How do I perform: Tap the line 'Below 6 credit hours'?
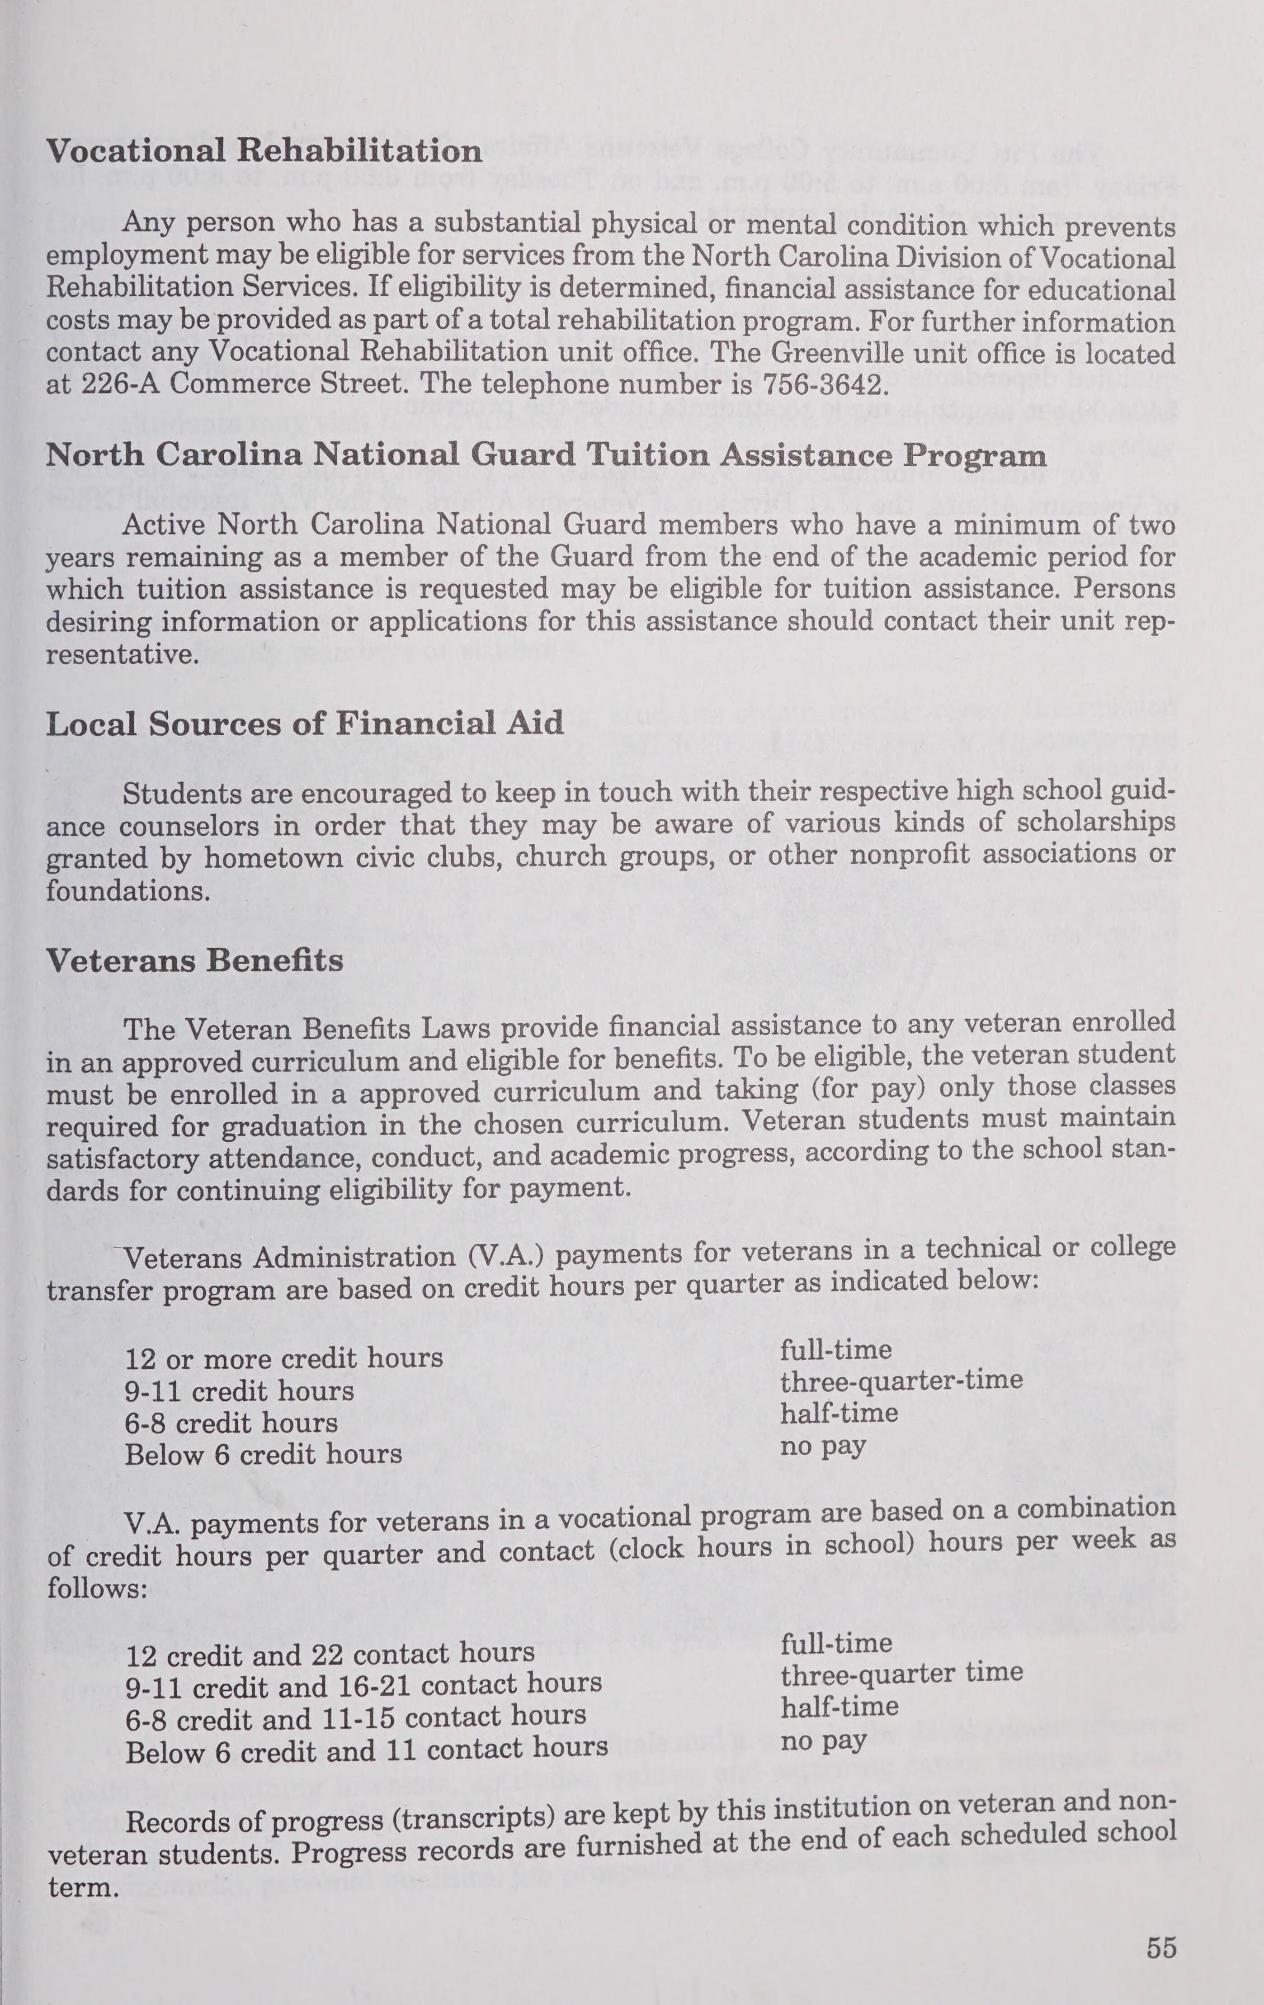pyautogui.click(x=263, y=1455)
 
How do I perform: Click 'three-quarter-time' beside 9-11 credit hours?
pyautogui.click(x=901, y=1381)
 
